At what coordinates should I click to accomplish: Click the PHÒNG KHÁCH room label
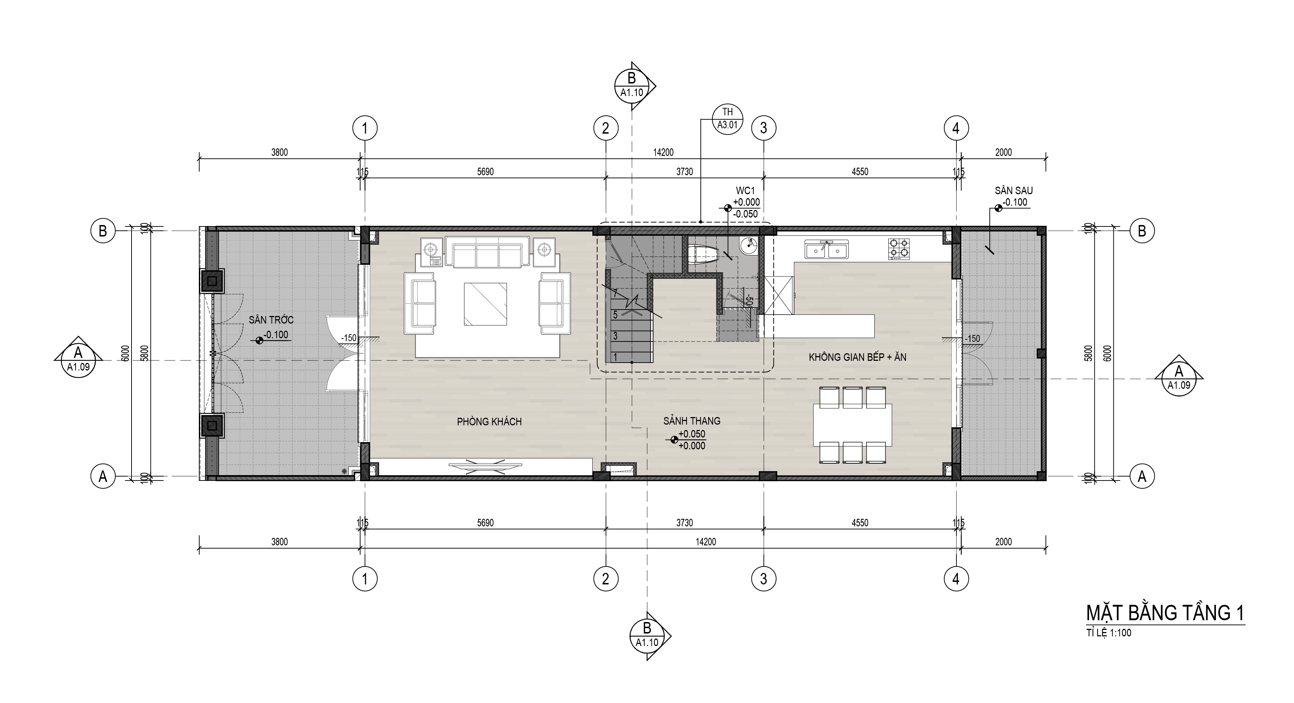pos(489,422)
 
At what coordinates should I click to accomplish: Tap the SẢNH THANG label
pos(692,421)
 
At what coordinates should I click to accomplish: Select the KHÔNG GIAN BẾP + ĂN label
pos(858,357)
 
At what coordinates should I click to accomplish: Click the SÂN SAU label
pos(1014,191)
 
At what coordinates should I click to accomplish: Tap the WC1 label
pos(745,191)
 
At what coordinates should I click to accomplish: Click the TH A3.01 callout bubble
pos(727,119)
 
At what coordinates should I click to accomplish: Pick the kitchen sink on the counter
pos(826,249)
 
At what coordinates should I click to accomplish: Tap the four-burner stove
pos(899,249)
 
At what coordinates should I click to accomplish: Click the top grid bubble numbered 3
pos(764,129)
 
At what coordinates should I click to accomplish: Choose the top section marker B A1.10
pos(634,86)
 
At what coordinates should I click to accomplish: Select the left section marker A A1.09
pos(78,357)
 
